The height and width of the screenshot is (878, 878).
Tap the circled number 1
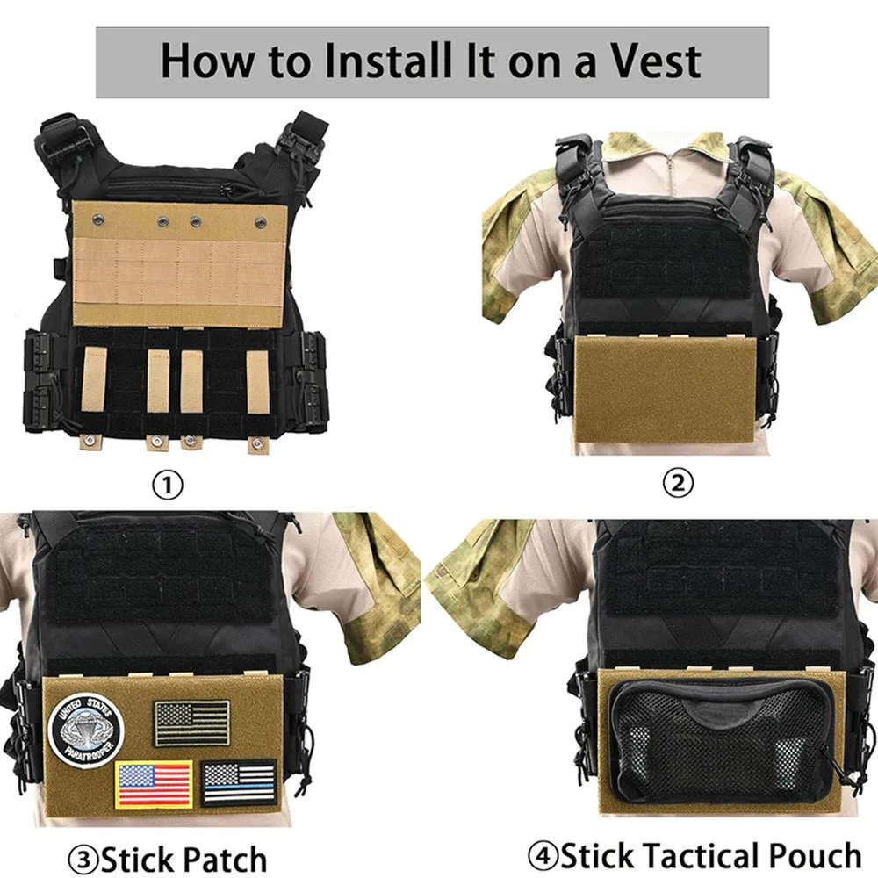pyautogui.click(x=168, y=485)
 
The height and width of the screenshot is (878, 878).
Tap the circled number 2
pyautogui.click(x=678, y=482)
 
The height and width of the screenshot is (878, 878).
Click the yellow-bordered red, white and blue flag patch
pyautogui.click(x=154, y=784)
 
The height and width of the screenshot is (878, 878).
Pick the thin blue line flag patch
pyautogui.click(x=239, y=783)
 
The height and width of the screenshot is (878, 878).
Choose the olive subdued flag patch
pyautogui.click(x=191, y=723)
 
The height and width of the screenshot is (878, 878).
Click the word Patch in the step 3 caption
pyautogui.click(x=225, y=859)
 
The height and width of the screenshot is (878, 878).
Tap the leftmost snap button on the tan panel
pyautogui.click(x=98, y=217)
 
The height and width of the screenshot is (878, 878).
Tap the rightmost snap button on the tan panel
pyautogui.click(x=261, y=223)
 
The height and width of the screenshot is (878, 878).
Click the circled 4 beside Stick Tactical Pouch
pyautogui.click(x=543, y=854)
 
